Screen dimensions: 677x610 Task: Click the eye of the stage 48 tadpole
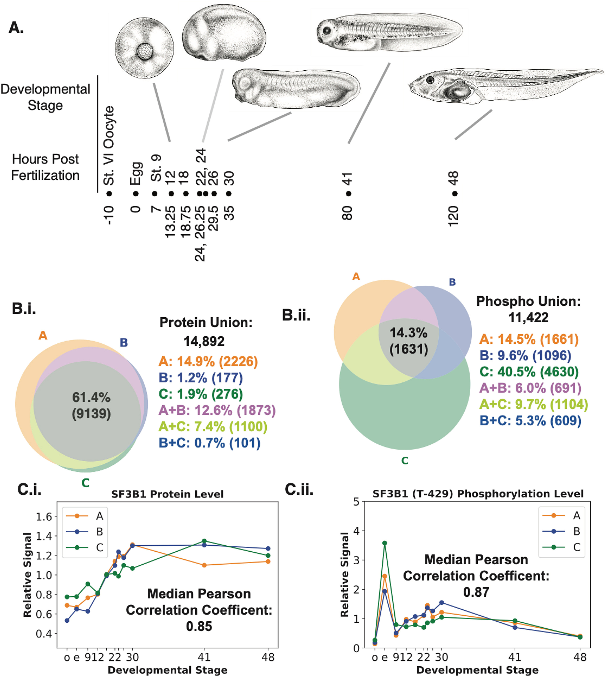click(430, 80)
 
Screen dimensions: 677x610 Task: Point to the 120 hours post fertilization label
click(452, 216)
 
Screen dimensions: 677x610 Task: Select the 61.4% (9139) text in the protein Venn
click(91, 405)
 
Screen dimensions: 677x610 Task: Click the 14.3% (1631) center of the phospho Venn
click(409, 341)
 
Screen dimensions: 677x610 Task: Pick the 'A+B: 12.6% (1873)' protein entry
click(217, 410)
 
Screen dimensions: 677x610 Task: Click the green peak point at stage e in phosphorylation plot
click(385, 543)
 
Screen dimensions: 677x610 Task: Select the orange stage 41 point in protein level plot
click(204, 565)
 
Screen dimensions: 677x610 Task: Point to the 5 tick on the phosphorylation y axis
click(356, 502)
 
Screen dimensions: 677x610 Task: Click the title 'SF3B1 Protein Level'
click(167, 494)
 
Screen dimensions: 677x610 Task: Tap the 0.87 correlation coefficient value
click(476, 592)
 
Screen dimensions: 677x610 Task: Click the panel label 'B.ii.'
click(296, 315)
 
